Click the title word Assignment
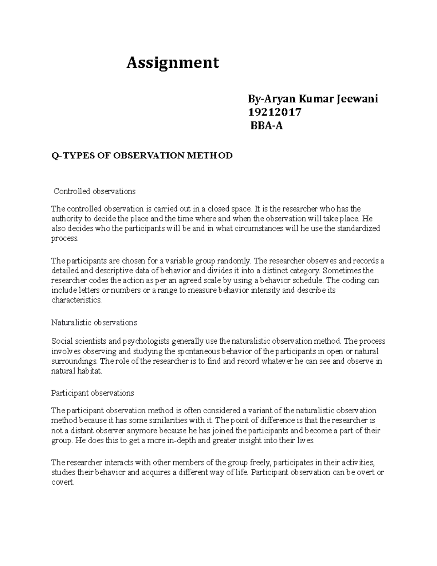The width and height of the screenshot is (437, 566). click(173, 63)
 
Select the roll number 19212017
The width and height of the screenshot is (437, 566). click(275, 112)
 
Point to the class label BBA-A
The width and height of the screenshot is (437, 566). click(266, 126)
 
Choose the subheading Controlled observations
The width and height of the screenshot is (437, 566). click(94, 191)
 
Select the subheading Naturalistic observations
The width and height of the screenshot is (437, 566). click(94, 323)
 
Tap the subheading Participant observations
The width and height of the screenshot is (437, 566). click(92, 393)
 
